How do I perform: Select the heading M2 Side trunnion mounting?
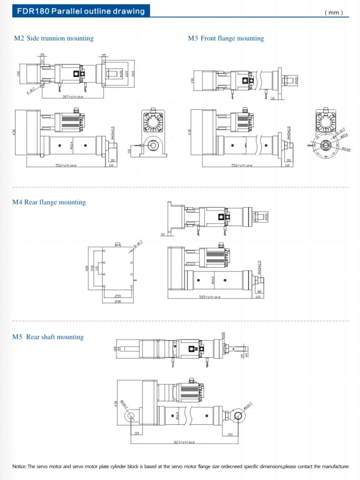coord(54,38)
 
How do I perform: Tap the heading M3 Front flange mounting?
coord(226,38)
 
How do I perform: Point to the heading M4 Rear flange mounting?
coord(49,202)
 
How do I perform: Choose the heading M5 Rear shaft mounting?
coord(48,337)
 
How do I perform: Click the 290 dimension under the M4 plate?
coord(117,301)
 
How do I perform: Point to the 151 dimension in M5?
coord(230,433)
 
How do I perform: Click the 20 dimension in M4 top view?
coord(163,235)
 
